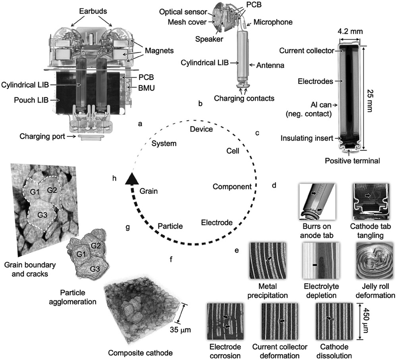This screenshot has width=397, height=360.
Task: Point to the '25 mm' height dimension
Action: tap(370, 99)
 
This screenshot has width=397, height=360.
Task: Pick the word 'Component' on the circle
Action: tap(232, 186)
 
